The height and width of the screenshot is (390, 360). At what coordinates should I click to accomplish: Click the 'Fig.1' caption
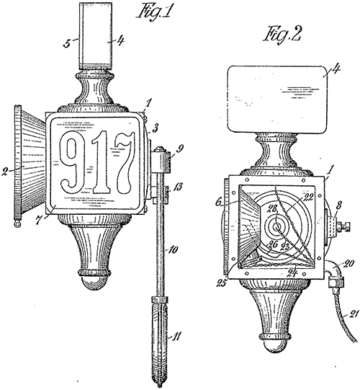155,12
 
